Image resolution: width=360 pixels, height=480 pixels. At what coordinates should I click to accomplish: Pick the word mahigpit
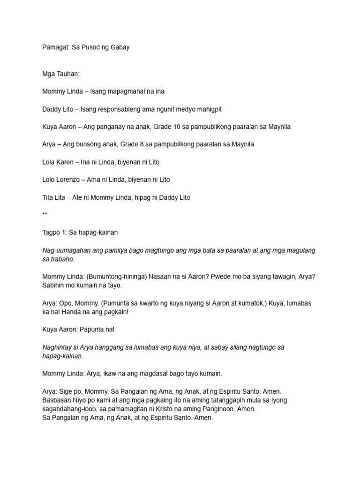209,109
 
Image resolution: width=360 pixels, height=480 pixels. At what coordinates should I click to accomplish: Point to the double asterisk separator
45,214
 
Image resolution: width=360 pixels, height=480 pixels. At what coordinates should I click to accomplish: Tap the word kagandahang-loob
70,409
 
